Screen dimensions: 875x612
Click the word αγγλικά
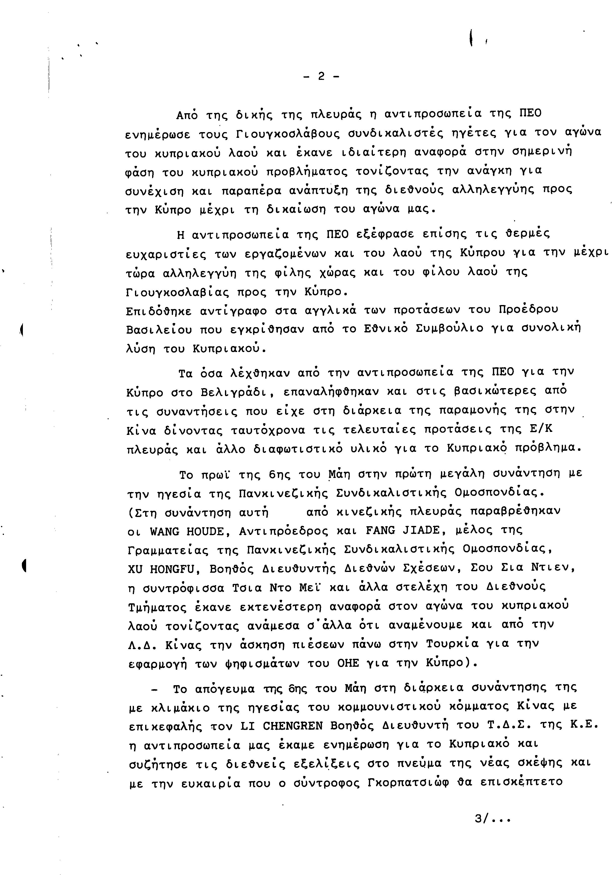pos(331,309)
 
